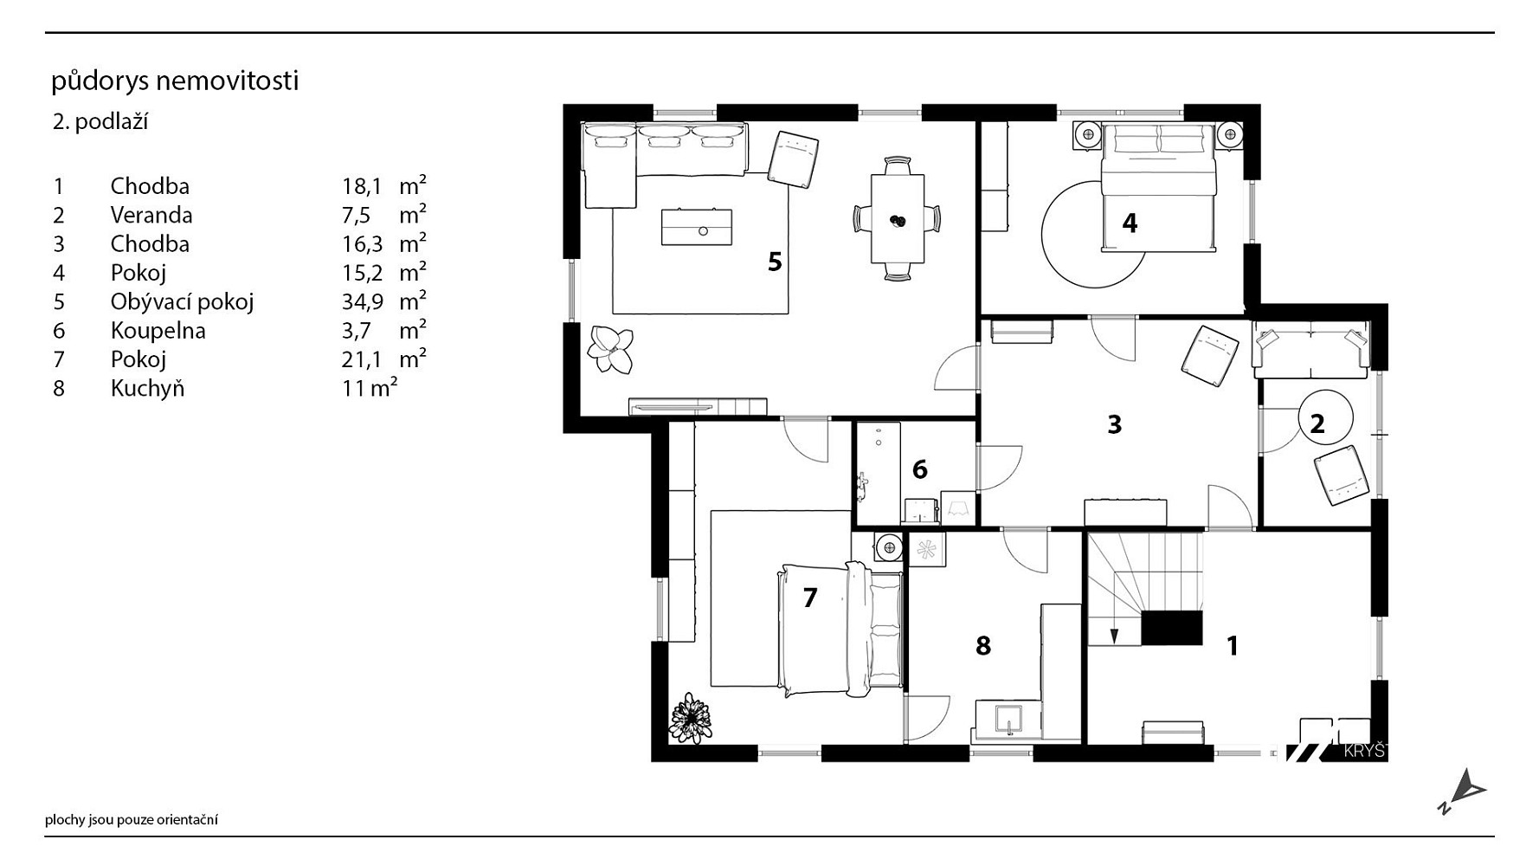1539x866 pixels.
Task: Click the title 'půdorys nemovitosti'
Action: [x=175, y=81]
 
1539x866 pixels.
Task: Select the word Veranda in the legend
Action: [x=151, y=215]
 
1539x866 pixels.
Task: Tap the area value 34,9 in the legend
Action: [x=362, y=302]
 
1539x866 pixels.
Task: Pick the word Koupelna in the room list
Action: [x=158, y=331]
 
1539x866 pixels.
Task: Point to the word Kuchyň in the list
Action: [x=148, y=388]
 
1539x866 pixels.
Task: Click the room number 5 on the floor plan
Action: [x=775, y=261]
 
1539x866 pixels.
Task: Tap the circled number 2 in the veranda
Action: [x=1317, y=424]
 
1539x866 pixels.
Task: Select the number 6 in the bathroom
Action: [x=920, y=469]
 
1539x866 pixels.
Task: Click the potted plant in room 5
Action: [x=610, y=349]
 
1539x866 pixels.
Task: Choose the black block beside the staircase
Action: [x=1172, y=627]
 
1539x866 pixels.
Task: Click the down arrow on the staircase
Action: [x=1114, y=635]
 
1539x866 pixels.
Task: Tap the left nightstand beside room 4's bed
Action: [x=1088, y=135]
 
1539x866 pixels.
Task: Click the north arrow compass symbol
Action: [x=1463, y=792]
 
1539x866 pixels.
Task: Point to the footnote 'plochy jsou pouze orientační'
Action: [x=132, y=819]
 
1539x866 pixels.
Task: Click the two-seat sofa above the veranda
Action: [x=1311, y=350]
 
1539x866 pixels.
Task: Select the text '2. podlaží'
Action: [x=100, y=122]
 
